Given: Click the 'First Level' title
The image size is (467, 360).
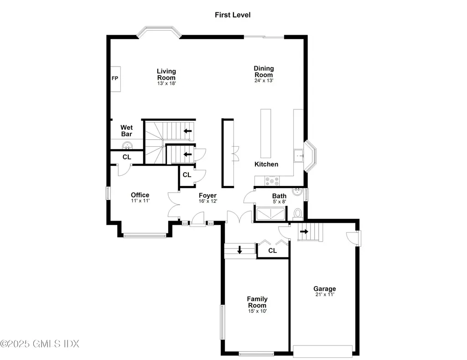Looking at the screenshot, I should tap(233, 15).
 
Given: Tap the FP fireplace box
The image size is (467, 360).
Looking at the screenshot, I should tap(115, 78).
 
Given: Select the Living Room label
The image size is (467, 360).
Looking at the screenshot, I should tap(166, 74).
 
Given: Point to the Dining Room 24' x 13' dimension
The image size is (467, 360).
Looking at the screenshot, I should tap(264, 81).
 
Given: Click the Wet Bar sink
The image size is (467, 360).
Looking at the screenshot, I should tap(127, 145).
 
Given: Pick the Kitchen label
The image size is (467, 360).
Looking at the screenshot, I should tap(266, 164).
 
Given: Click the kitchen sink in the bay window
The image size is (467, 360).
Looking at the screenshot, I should tap(299, 156).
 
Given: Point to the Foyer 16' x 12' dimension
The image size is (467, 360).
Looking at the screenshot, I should tap(208, 201).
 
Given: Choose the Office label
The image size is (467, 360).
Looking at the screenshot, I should tap(140, 195).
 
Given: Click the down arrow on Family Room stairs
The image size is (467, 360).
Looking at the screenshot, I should tap(239, 250).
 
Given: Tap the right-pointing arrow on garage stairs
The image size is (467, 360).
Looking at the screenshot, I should tap(304, 231).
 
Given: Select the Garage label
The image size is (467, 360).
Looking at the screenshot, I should tap(324, 288).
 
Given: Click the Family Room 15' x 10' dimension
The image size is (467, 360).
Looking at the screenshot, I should tap(257, 311).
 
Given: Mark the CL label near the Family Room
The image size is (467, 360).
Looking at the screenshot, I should tap(272, 251).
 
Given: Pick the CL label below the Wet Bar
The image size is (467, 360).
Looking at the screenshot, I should tap(127, 157).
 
